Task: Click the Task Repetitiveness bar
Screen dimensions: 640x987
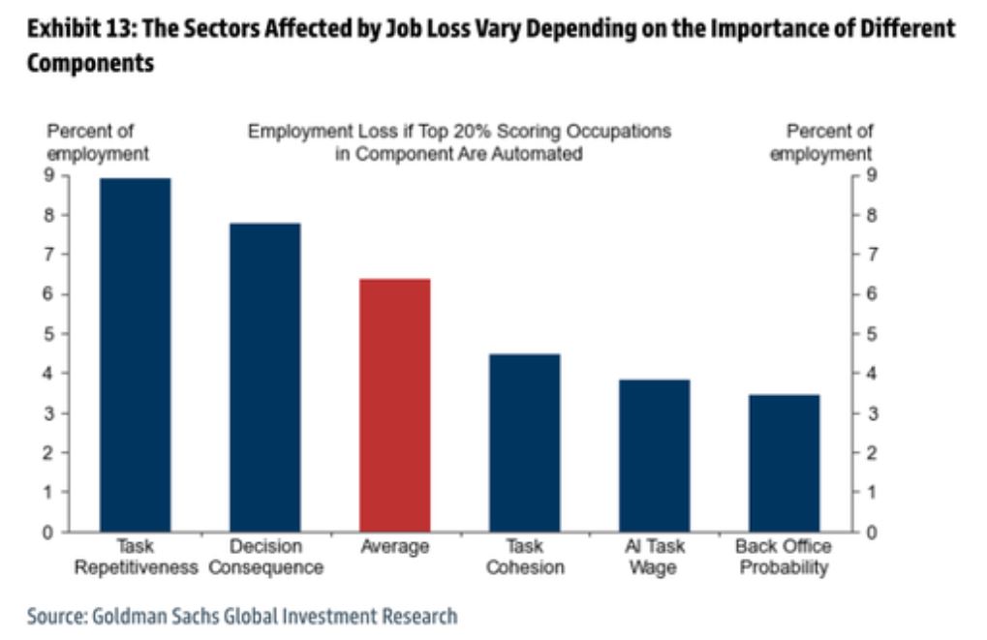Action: click(135, 354)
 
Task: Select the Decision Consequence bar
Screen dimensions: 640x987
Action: click(264, 377)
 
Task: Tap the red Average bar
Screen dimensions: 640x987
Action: click(394, 405)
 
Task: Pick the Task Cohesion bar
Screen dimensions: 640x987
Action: click(524, 442)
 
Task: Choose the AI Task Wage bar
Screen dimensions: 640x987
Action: click(654, 455)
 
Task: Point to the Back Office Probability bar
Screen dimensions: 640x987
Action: click(784, 463)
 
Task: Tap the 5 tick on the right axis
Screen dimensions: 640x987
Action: click(870, 334)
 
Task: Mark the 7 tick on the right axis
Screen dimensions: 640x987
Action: click(870, 255)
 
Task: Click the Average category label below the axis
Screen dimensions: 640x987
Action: click(394, 547)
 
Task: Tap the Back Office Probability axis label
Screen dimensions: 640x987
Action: click(784, 557)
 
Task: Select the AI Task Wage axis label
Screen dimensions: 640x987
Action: click(654, 557)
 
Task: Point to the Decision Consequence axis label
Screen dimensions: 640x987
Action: click(264, 557)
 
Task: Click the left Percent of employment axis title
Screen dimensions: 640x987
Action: click(97, 142)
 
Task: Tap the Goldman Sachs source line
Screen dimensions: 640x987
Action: click(241, 616)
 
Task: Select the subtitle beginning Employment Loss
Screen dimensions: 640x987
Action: click(459, 142)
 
